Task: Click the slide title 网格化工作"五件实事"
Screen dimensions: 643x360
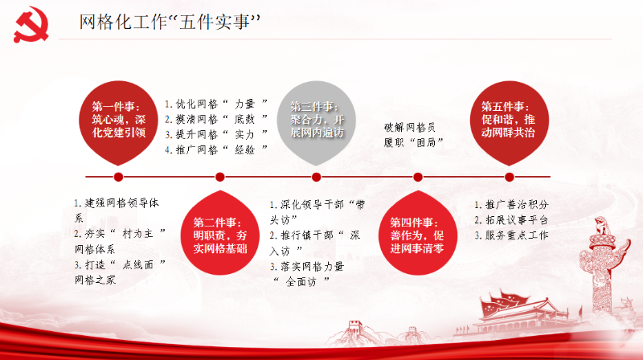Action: [x=170, y=22]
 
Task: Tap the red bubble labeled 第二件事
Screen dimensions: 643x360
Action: [x=220, y=232]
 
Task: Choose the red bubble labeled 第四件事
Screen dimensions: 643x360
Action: [x=417, y=232]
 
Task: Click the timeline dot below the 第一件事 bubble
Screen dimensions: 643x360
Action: [x=118, y=177]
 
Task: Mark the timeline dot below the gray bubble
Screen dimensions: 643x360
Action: [x=316, y=177]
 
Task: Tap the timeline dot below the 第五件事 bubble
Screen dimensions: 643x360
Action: [x=510, y=177]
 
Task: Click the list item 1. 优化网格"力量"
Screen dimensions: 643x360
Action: [x=216, y=104]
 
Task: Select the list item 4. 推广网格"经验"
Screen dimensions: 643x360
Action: [x=216, y=150]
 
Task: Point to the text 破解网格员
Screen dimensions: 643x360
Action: [x=410, y=128]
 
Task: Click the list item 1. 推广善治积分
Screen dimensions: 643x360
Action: [x=511, y=205]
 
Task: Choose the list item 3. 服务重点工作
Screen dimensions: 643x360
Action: [x=511, y=235]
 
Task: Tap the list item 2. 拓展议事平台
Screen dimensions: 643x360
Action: [x=511, y=220]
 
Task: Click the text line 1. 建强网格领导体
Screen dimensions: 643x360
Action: [x=117, y=203]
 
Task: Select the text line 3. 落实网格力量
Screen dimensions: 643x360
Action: [x=307, y=267]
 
